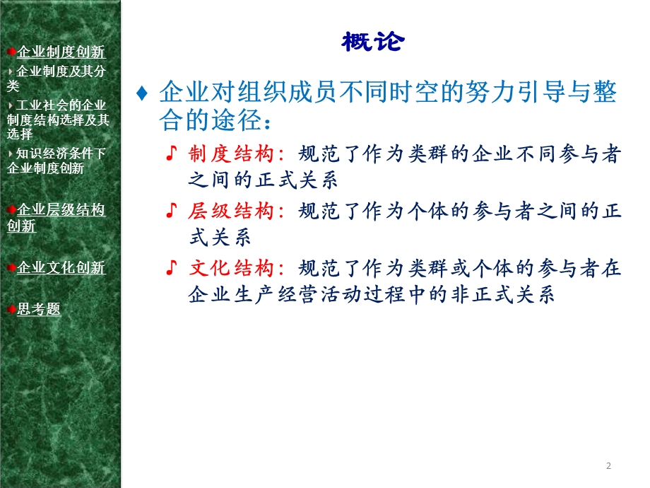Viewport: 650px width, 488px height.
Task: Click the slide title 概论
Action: click(372, 42)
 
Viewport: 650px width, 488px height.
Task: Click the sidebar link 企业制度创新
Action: click(61, 52)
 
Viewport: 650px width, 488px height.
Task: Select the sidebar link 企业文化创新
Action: click(61, 268)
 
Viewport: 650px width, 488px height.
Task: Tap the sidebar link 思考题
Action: click(39, 309)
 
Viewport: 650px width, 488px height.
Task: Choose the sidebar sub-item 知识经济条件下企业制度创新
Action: click(57, 161)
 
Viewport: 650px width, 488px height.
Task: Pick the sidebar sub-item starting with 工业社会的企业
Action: click(58, 120)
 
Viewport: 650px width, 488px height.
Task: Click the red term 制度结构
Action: click(230, 154)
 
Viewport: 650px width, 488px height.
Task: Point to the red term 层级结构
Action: click(230, 211)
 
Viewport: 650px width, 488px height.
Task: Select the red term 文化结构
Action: click(230, 268)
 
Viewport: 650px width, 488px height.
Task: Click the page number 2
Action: click(608, 465)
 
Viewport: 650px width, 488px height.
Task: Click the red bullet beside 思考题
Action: click(12, 309)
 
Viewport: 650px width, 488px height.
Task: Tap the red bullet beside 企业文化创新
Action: click(12, 268)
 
